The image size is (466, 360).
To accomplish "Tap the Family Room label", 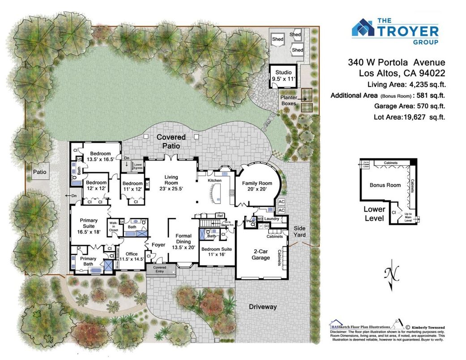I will (257, 186).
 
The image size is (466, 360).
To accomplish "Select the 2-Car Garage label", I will (261, 254).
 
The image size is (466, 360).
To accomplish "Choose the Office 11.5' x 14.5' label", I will (132, 256).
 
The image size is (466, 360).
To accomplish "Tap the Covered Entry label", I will (159, 269).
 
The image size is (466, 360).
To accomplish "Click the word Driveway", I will (263, 307).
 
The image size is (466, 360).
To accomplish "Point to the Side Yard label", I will (299, 231).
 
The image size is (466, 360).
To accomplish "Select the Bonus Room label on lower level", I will (385, 185).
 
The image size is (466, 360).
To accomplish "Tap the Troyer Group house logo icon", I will (363, 27).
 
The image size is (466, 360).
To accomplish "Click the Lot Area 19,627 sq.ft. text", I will (409, 117).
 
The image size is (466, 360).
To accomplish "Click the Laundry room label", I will (272, 219).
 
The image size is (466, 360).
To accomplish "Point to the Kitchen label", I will (214, 180).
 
